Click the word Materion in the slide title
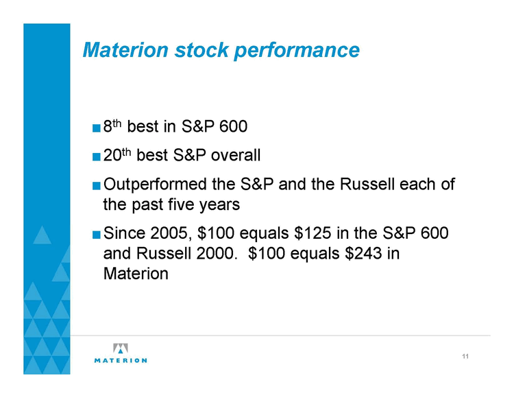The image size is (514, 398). [125, 49]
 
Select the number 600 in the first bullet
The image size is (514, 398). [233, 126]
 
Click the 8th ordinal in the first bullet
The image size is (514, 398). [112, 126]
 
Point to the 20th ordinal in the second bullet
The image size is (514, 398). [117, 154]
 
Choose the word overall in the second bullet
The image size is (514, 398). [235, 155]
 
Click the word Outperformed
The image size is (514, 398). [155, 185]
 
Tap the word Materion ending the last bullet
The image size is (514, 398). [136, 274]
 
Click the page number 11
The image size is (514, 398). [465, 356]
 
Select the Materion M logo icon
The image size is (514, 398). [121, 348]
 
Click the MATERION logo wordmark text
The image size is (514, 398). [121, 360]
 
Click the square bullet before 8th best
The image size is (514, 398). [97, 128]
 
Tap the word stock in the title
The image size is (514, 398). [201, 49]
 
